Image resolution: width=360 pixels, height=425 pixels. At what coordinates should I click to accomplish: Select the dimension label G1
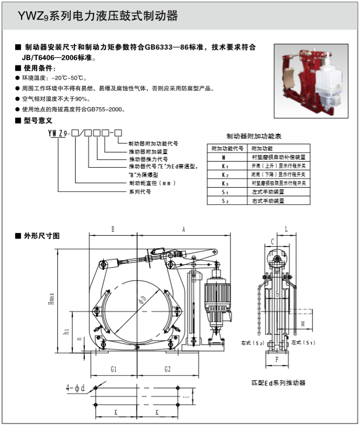click(114, 369)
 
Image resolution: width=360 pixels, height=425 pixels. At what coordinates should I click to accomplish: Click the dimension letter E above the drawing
click(112, 229)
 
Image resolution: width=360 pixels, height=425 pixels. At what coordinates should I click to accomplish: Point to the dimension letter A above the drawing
click(184, 229)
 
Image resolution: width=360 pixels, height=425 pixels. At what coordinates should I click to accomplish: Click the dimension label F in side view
click(277, 359)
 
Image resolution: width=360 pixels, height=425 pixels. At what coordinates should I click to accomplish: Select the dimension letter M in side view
click(303, 323)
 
